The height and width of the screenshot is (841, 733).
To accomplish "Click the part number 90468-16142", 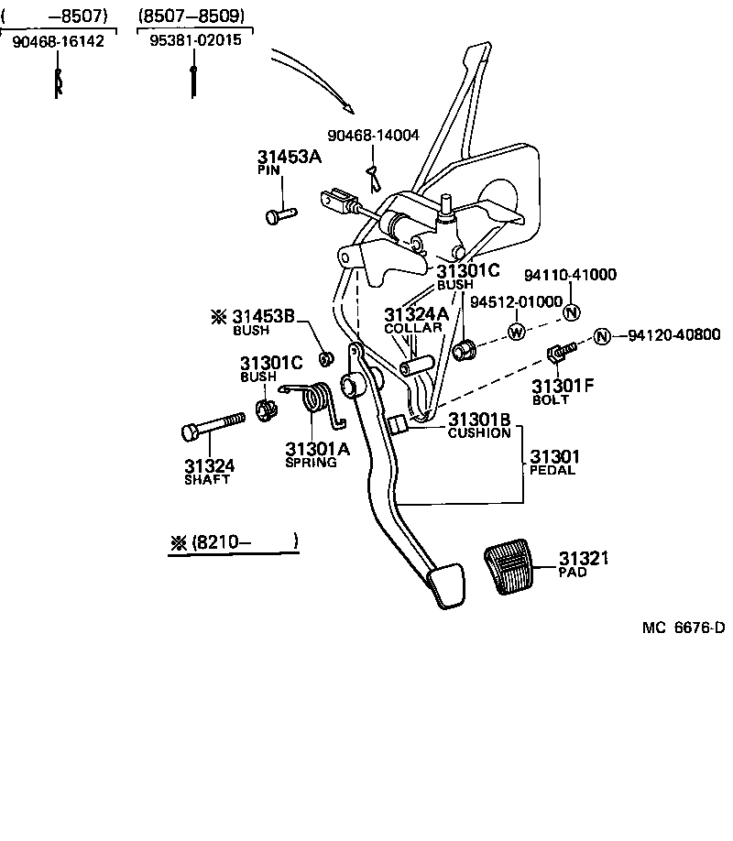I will tap(58, 42).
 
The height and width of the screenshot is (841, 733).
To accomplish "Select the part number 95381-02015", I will tap(194, 42).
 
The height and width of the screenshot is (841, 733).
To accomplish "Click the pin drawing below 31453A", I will tap(280, 215).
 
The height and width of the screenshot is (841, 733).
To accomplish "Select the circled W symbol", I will tap(517, 332).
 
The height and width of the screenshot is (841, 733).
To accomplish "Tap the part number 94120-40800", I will tap(673, 335).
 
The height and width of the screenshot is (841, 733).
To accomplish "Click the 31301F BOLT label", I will tap(563, 390).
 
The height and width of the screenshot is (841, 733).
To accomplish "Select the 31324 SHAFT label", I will tap(208, 471).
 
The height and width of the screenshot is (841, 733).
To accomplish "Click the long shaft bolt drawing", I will tap(212, 426).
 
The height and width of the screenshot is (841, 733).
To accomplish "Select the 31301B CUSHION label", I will tap(478, 425).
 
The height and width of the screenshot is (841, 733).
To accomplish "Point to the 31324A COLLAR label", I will tap(416, 320).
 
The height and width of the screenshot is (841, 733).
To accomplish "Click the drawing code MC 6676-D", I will tap(683, 628).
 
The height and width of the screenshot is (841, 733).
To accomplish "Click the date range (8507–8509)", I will tap(193, 16).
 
